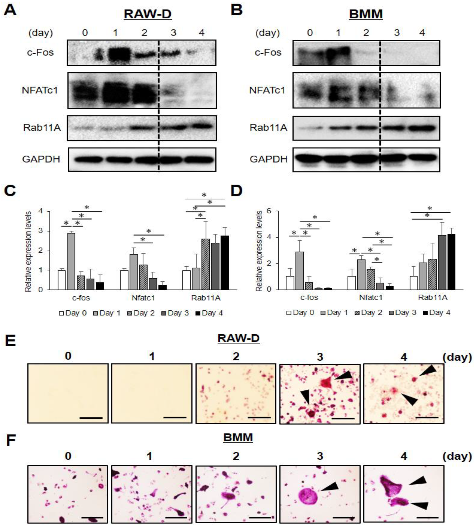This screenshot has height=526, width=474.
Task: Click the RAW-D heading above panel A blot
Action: pyautogui.click(x=147, y=14)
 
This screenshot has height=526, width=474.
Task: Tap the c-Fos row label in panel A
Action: pyautogui.click(x=40, y=52)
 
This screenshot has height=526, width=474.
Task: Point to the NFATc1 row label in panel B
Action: pyautogui.click(x=267, y=90)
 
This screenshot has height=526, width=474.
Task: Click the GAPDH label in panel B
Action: pyautogui.click(x=269, y=159)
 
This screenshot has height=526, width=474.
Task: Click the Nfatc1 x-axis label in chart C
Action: pyautogui.click(x=143, y=298)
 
